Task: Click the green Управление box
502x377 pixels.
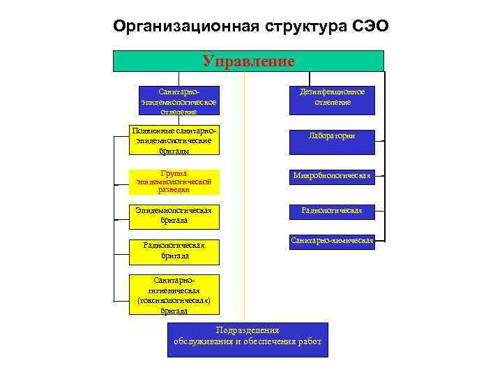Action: click(248, 61)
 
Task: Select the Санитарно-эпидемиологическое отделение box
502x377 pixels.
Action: click(178, 101)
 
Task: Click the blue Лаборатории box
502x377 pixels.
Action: click(332, 136)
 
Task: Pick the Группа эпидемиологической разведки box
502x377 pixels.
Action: click(175, 181)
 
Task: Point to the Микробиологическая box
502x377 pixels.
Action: click(332, 176)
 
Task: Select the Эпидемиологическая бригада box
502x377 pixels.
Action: click(175, 216)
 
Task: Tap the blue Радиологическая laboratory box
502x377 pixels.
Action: click(332, 209)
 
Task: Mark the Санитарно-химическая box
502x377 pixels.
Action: click(332, 242)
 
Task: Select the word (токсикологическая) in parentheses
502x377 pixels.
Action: click(174, 301)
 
